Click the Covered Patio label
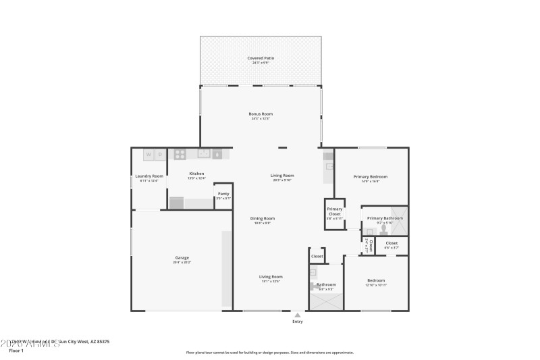[x=261, y=59]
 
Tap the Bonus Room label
[x=261, y=114]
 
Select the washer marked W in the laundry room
[x=148, y=155]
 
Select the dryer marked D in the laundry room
[x=160, y=155]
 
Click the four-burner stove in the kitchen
[x=180, y=154]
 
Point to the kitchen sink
[x=203, y=153]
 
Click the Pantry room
[x=223, y=195]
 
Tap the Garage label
[x=182, y=258]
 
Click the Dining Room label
[x=263, y=219]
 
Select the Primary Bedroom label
[x=371, y=177]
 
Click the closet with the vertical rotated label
[x=370, y=245]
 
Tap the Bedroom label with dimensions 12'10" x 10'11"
[x=376, y=281]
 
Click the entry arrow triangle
[x=297, y=315]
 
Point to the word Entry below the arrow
[x=297, y=322]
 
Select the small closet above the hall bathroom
[x=317, y=257]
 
